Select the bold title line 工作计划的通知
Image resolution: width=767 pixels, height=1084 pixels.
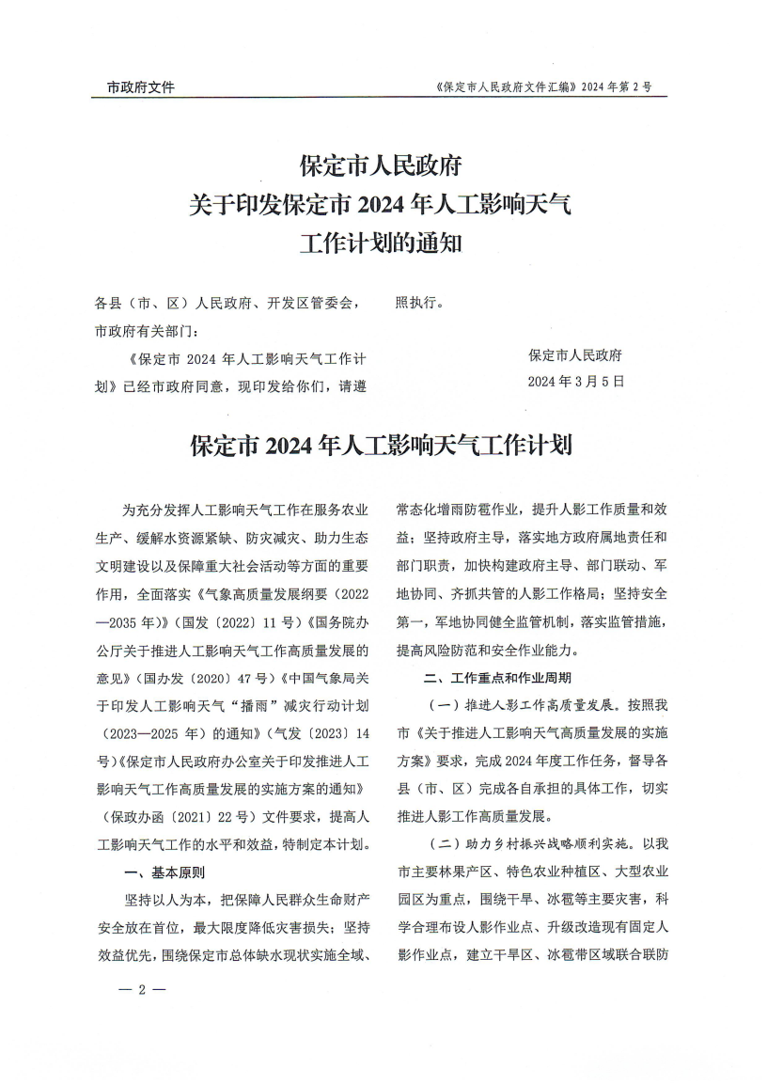point(380,243)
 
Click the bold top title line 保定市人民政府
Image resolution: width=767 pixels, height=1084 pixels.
point(380,166)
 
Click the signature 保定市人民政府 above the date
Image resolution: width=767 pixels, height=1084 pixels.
point(575,355)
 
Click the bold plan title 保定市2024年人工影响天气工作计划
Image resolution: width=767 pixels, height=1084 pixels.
point(381,445)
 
